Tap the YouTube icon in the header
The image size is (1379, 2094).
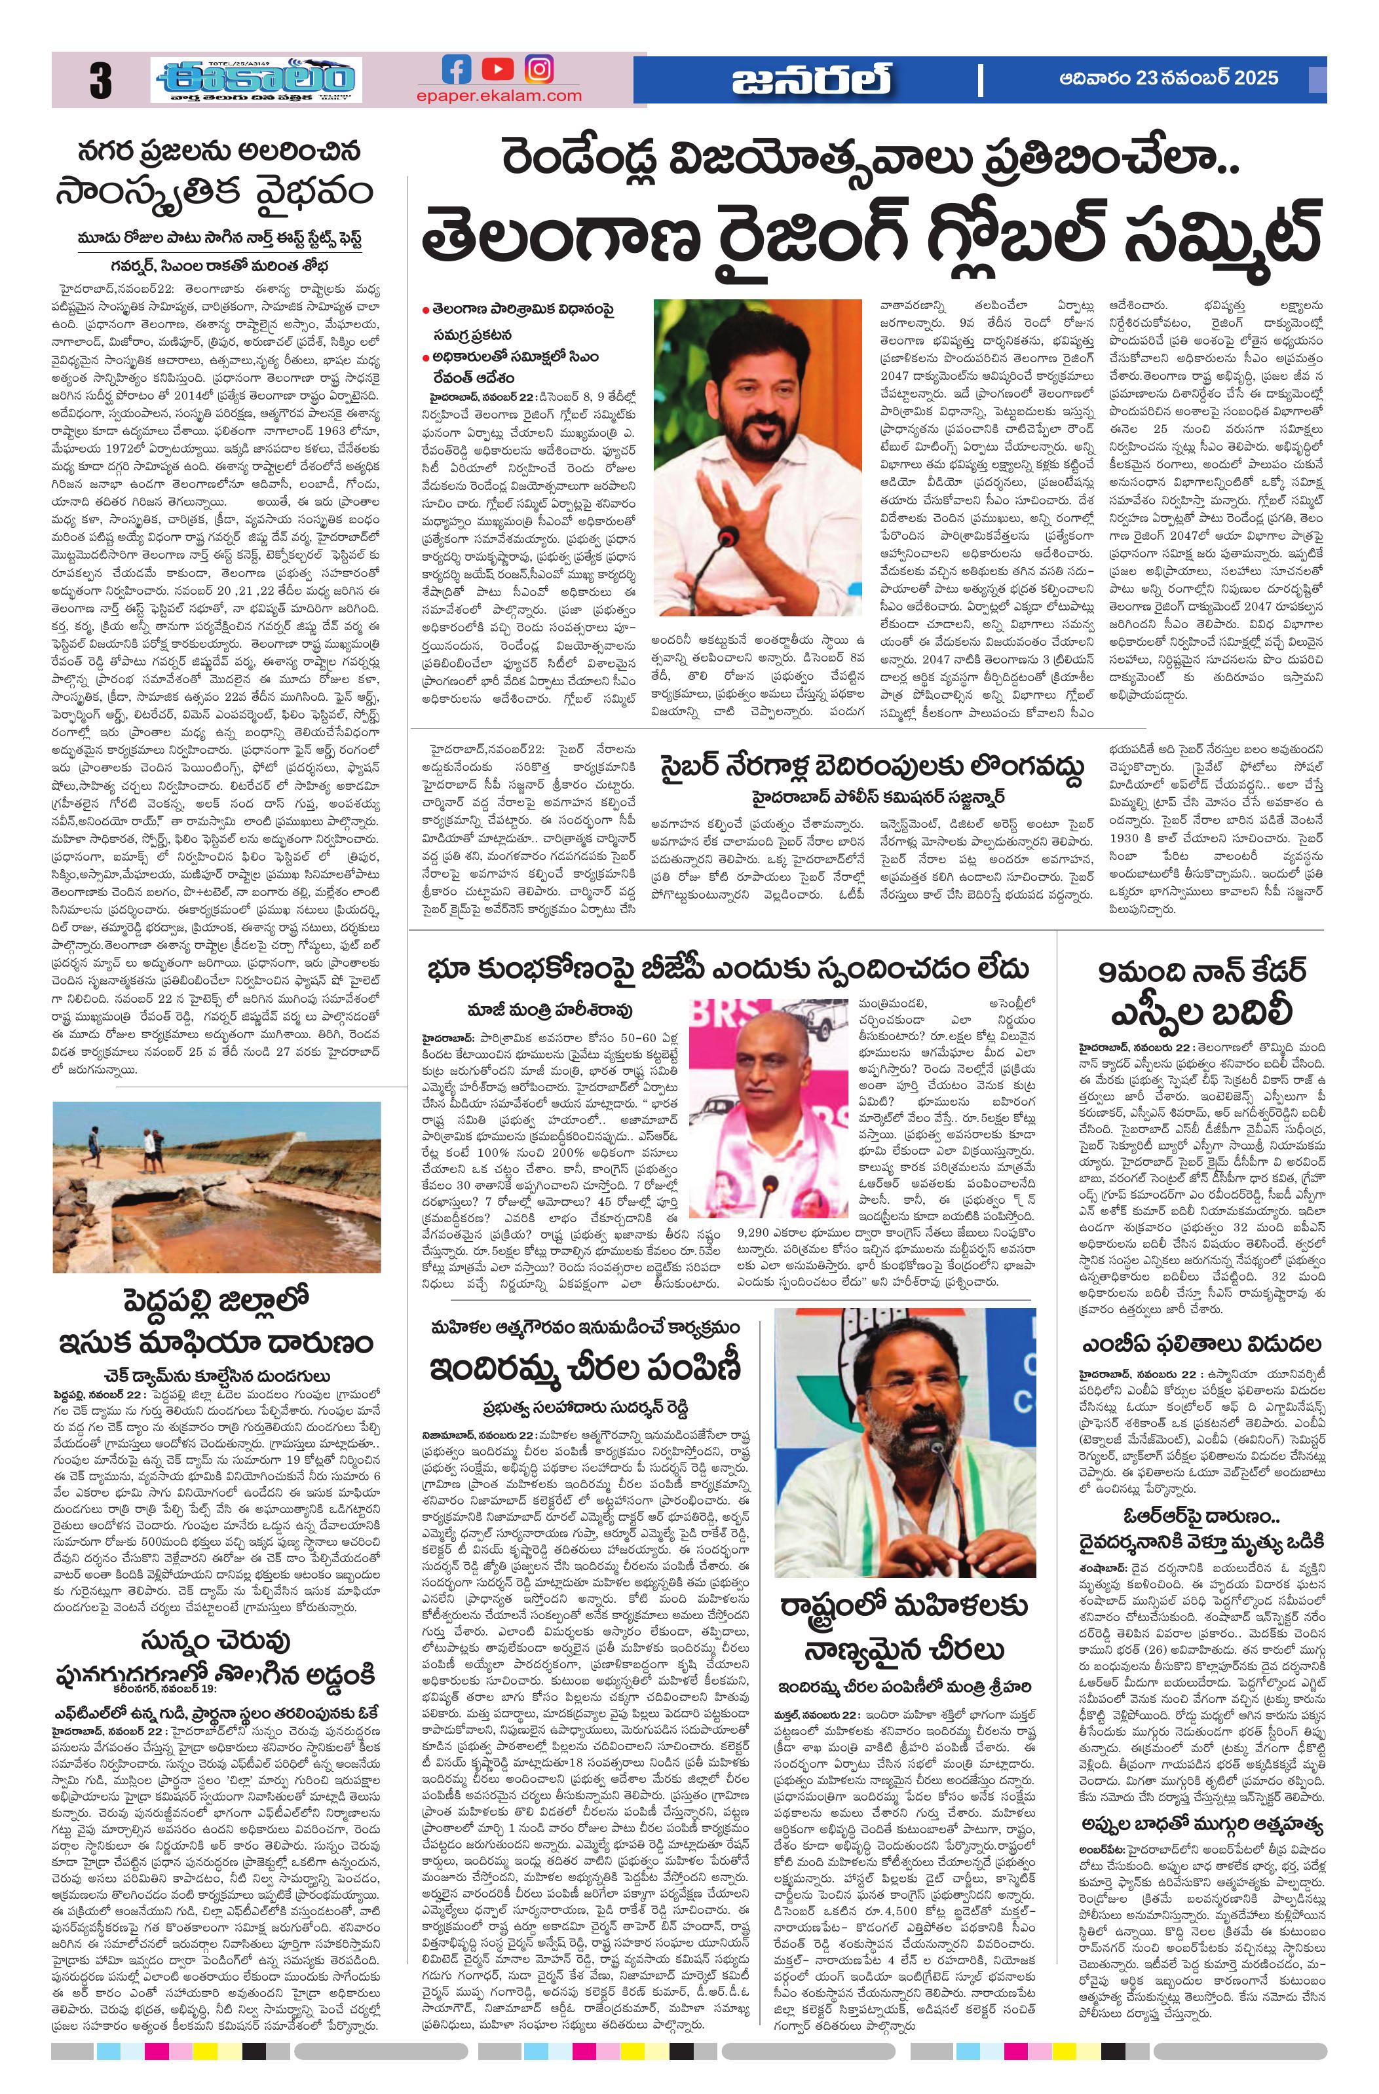[x=497, y=69]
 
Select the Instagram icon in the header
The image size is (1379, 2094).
[x=538, y=69]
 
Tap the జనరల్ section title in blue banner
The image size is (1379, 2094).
[x=810, y=81]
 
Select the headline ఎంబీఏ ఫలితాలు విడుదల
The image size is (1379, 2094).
[x=1201, y=1345]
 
